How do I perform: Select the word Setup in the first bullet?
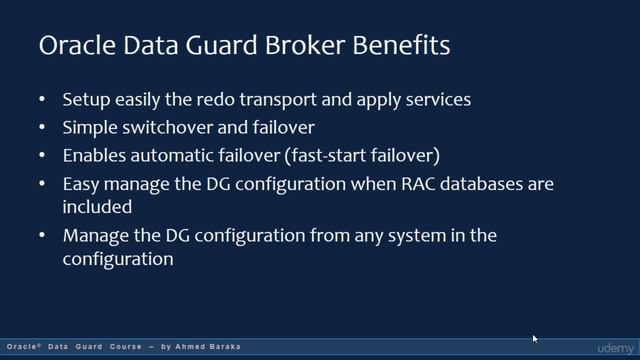pos(86,100)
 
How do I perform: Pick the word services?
pos(438,100)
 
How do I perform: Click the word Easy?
pos(81,184)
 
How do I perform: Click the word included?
pos(97,208)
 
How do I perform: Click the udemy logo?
pos(615,347)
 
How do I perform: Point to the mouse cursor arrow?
pos(535,339)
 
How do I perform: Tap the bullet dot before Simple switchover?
pos(42,128)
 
